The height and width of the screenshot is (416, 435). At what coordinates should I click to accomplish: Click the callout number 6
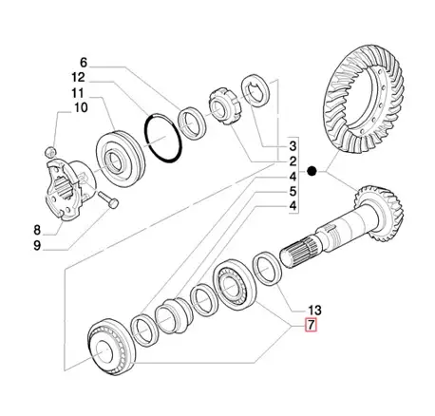pos(83,63)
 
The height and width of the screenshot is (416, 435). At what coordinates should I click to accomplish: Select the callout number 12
pos(78,77)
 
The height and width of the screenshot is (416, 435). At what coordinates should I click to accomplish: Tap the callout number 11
pos(77,93)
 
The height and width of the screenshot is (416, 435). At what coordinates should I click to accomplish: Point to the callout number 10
pos(81,107)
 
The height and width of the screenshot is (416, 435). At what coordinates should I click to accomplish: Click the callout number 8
pos(37,230)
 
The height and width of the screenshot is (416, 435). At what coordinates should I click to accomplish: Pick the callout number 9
pos(37,246)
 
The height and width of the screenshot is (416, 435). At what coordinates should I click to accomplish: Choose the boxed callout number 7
pos(311,325)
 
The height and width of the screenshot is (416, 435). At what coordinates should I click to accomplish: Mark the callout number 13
pos(314,311)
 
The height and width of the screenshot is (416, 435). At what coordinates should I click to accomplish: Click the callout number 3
pos(293,146)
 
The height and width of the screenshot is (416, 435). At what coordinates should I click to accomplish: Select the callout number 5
pos(293,192)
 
